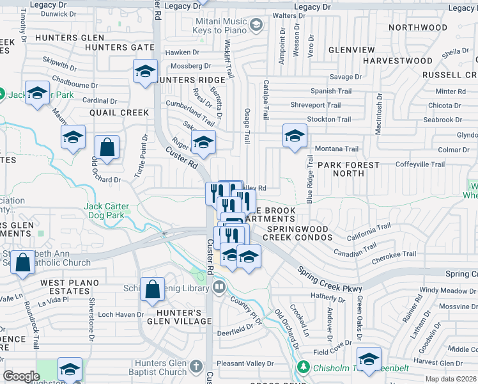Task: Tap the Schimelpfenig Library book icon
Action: (x=220, y=286)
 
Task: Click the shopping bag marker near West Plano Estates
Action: (x=23, y=263)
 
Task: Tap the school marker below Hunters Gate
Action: (x=146, y=71)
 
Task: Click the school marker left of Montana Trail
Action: (x=295, y=136)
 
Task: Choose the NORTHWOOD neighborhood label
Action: (x=418, y=28)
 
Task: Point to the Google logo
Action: (x=21, y=376)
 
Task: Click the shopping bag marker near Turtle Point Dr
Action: (x=107, y=147)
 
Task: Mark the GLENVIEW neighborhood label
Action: (x=351, y=50)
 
